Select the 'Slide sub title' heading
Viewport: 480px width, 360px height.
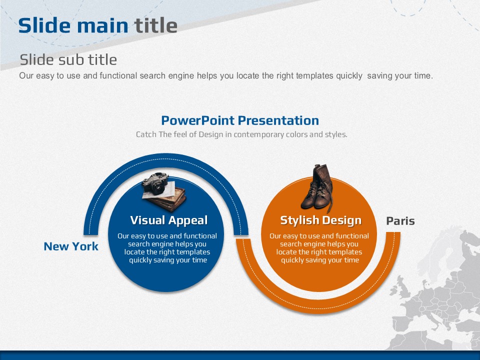click(x=68, y=59)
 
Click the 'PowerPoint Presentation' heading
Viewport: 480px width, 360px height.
click(x=240, y=120)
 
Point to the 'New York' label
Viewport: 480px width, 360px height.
click(x=71, y=246)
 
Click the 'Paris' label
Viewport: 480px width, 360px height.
click(x=400, y=220)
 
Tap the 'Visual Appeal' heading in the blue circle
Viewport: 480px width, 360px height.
click(x=169, y=220)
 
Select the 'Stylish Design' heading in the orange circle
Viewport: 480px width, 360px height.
click(x=321, y=220)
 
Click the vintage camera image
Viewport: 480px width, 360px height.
click(x=156, y=183)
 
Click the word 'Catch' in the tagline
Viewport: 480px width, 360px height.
click(x=146, y=134)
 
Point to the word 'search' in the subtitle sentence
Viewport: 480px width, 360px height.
click(x=152, y=75)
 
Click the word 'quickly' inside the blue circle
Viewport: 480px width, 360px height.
click(x=139, y=260)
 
